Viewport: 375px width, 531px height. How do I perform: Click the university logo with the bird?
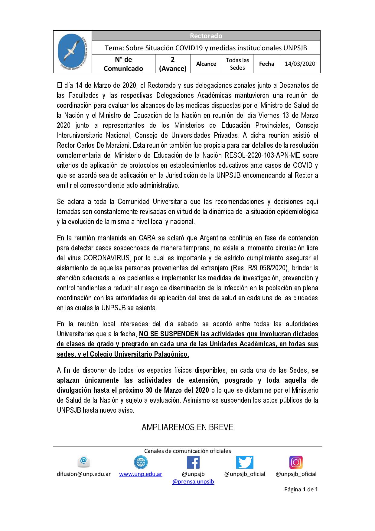click(73, 52)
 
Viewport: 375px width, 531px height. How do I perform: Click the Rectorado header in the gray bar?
click(206, 36)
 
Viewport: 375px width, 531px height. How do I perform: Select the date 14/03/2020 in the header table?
click(300, 64)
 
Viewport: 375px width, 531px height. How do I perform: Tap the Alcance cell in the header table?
click(206, 64)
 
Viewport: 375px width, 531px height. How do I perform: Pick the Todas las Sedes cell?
click(237, 64)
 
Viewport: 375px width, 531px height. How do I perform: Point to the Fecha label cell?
click(266, 64)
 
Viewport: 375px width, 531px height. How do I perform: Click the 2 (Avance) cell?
click(173, 64)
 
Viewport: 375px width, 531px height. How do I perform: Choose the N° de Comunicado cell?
click(123, 64)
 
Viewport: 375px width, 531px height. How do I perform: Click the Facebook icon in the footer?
click(193, 462)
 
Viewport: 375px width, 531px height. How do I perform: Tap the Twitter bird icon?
click(245, 462)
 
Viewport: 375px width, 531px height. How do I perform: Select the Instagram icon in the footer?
click(296, 462)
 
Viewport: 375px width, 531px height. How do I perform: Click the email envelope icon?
click(84, 462)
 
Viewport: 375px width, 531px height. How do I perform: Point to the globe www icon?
click(141, 462)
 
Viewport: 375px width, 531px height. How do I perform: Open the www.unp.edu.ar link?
click(141, 474)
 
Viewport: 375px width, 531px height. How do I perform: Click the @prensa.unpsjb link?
click(193, 481)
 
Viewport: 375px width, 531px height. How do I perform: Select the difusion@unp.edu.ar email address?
click(84, 474)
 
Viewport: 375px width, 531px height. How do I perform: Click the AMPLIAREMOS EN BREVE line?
click(187, 427)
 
